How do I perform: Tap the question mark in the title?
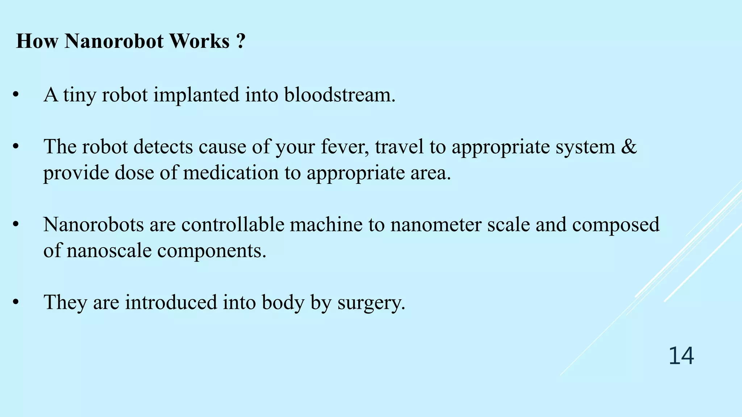[240, 41]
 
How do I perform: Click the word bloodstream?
[339, 95]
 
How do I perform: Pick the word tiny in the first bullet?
[80, 96]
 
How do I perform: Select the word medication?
[231, 173]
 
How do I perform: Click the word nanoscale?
[109, 250]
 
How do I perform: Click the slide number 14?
[681, 356]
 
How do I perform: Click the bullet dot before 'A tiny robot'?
[15, 96]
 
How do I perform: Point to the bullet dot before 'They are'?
[15, 303]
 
